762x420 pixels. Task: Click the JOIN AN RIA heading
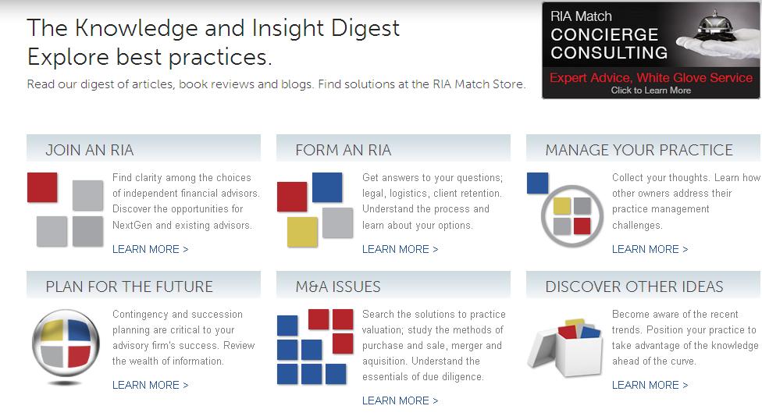coord(90,150)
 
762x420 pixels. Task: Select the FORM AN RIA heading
coord(343,150)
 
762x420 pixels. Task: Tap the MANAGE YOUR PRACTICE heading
coord(639,150)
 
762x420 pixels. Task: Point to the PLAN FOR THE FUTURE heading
coord(130,287)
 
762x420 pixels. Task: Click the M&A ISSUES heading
coord(338,287)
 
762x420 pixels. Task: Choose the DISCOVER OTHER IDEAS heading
coord(634,287)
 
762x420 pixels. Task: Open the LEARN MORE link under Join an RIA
coord(150,249)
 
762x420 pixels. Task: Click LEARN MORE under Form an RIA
coord(400,249)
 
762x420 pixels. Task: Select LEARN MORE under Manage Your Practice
coord(650,249)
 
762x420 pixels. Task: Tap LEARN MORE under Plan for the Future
coord(150,385)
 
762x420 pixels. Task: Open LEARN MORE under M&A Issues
coord(400,400)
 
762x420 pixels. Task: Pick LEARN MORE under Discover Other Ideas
coord(650,385)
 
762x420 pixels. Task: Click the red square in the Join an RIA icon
coord(42,187)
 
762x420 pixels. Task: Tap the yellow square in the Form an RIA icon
coord(302,231)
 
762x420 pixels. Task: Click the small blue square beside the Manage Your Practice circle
coord(537,183)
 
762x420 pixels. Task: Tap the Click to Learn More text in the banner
coord(650,91)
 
